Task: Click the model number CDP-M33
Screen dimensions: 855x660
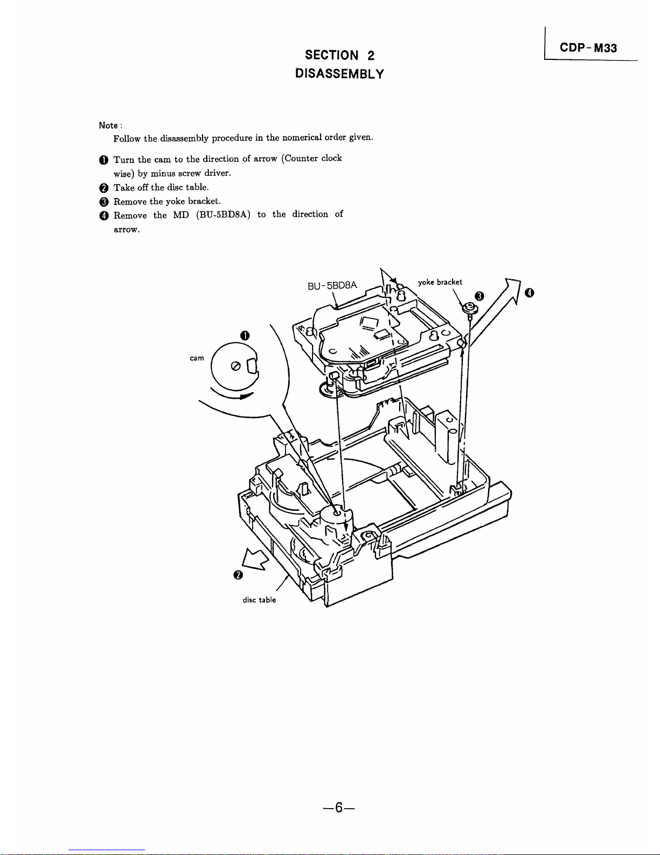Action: click(588, 48)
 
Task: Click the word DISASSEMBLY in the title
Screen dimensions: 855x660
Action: click(339, 74)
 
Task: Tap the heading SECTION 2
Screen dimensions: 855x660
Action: click(339, 55)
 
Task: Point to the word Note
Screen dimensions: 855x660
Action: click(108, 126)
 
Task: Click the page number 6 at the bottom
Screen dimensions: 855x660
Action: click(339, 808)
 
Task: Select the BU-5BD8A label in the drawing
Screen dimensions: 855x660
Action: click(332, 285)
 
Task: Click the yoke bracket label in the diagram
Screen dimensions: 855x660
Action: click(440, 282)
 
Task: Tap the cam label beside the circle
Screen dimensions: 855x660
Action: click(197, 358)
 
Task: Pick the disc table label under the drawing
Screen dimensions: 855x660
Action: click(259, 600)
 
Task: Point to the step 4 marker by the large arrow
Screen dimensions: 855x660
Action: click(530, 292)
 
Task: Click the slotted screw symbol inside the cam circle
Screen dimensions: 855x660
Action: click(235, 366)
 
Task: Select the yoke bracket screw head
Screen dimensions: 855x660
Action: click(469, 307)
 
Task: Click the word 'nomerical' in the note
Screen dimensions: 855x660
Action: click(302, 138)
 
